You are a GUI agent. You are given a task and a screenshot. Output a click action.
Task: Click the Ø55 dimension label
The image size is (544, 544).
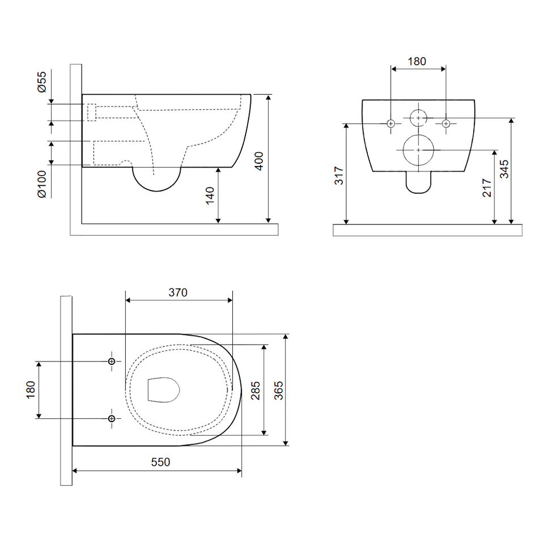(x=41, y=82)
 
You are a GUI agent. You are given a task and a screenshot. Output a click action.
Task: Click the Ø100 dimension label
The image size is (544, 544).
(x=41, y=184)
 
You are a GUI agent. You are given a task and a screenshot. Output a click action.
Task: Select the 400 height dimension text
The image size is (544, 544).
(x=259, y=161)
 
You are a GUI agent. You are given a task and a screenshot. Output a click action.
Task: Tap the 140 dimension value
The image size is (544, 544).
(x=210, y=195)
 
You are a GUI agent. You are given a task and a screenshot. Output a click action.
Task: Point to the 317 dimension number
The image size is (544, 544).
(x=339, y=176)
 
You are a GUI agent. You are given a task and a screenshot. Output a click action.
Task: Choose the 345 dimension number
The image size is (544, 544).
(x=504, y=169)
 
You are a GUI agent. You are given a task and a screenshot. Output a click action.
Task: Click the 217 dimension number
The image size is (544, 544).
(x=487, y=188)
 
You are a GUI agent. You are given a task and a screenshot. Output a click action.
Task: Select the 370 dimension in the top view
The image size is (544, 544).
(x=178, y=292)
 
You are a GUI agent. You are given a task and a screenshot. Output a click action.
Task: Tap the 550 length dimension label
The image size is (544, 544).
(x=160, y=462)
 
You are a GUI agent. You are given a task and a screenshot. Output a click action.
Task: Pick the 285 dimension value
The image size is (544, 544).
(x=256, y=390)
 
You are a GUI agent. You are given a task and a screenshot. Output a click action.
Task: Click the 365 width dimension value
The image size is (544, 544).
(x=279, y=390)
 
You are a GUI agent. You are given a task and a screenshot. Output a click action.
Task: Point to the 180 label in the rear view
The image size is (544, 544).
(x=416, y=61)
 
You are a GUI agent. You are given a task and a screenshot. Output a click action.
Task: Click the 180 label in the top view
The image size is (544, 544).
(x=31, y=390)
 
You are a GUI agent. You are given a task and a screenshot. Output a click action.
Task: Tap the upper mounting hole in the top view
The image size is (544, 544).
(x=112, y=362)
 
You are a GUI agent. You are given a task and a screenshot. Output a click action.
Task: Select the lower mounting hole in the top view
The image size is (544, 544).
(x=112, y=419)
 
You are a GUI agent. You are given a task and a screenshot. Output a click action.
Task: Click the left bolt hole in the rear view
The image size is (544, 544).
(x=391, y=124)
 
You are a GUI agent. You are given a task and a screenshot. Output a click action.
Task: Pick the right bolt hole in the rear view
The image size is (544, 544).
(x=446, y=124)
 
